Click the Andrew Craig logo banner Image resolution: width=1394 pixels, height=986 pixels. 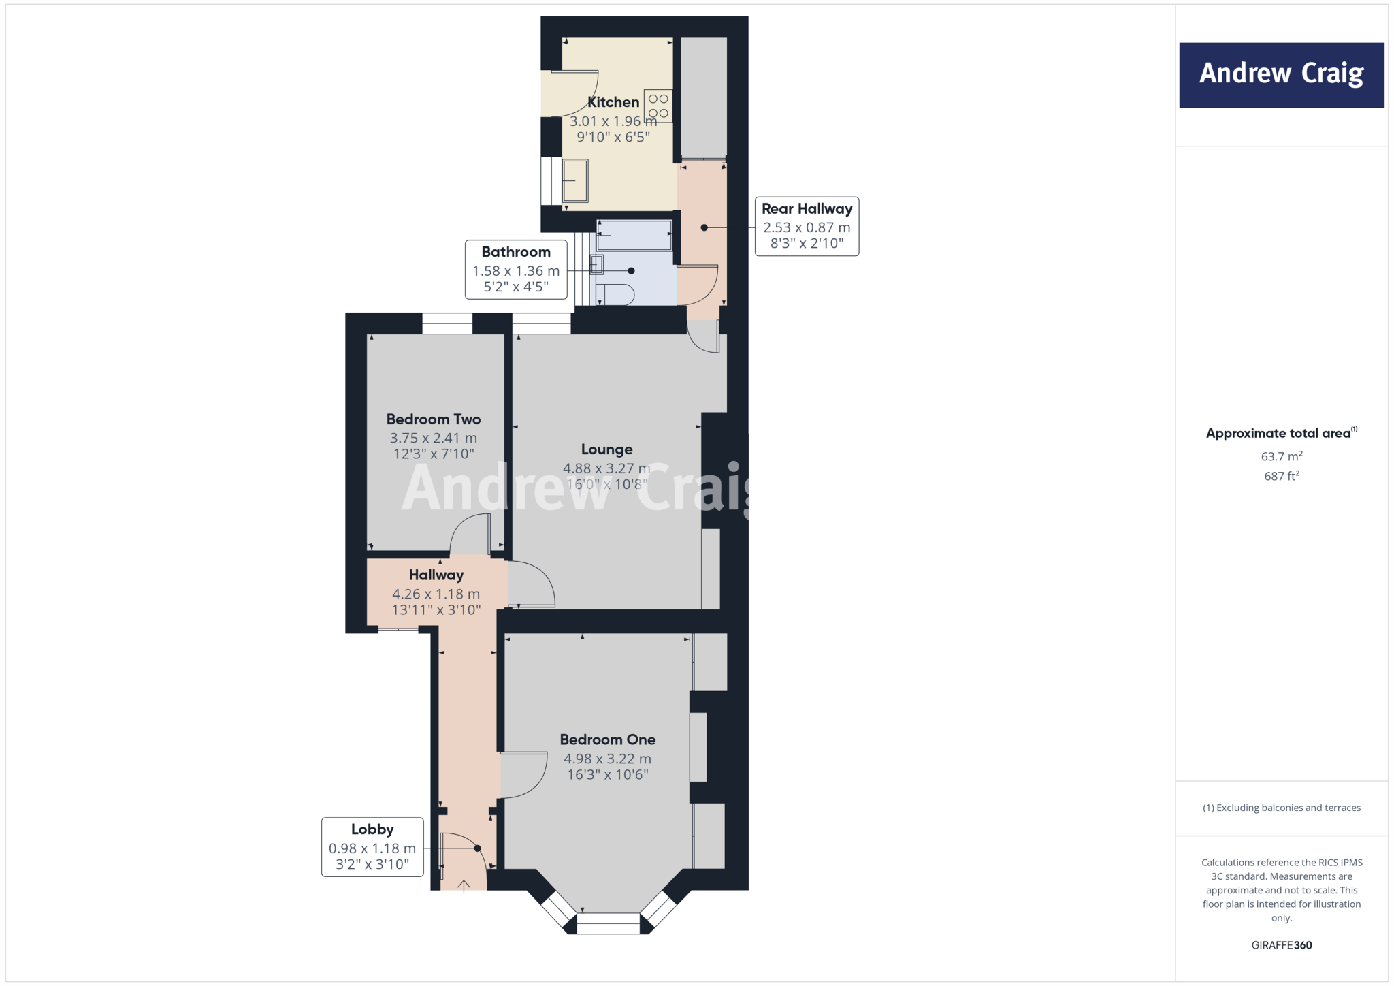coord(1281,75)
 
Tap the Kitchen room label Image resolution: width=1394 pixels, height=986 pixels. coord(613,102)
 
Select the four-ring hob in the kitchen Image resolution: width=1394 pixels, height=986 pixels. coord(658,106)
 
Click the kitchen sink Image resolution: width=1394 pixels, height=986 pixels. coord(575,180)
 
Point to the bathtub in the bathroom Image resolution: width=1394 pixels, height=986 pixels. coord(634,235)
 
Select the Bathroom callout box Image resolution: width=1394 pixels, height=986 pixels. coord(516,269)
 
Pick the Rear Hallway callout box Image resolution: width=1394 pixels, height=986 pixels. coord(807,226)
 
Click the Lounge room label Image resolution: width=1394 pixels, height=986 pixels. coord(606,449)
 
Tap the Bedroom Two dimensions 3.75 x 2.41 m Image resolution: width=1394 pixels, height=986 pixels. coord(433,438)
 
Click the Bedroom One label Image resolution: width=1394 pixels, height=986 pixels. coord(607,739)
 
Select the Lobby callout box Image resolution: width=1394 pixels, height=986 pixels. coord(372,846)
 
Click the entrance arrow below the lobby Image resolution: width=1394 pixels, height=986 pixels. coord(464,885)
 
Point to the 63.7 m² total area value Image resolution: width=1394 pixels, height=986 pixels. coord(1281,456)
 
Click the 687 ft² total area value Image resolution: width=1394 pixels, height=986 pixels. coord(1281,476)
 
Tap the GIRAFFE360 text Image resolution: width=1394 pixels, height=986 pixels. coord(1281,944)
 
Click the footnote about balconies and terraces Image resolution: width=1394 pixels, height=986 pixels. coord(1281,808)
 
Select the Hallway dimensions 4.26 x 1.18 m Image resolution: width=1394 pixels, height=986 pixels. coord(436,594)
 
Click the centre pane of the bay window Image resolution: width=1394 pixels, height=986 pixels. coord(608,924)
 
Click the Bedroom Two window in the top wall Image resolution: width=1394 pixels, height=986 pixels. coord(447,323)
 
